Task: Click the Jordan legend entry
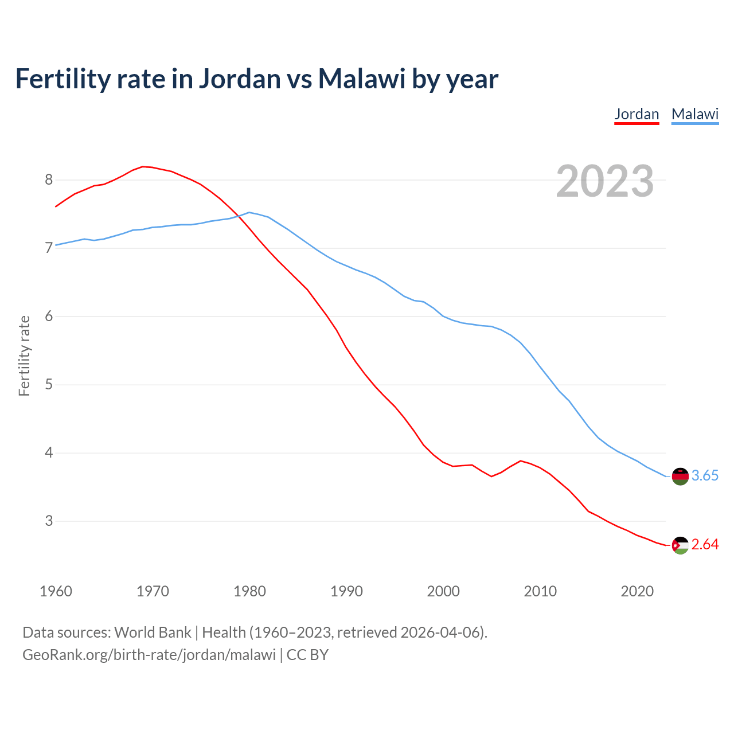click(637, 114)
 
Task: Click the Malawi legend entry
click(695, 114)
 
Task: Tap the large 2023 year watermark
click(605, 181)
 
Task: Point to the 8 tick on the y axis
click(49, 180)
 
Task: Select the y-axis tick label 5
click(49, 385)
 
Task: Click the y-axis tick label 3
click(49, 521)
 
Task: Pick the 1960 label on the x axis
click(56, 591)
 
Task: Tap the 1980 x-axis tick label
click(249, 591)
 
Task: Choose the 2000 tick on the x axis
click(443, 591)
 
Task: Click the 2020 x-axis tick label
click(637, 591)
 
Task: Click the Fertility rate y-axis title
click(24, 356)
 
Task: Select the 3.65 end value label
click(705, 476)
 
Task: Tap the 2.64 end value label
click(705, 545)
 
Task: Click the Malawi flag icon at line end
click(680, 477)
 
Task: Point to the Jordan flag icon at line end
click(680, 545)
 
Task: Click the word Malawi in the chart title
click(362, 79)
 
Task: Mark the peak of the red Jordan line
click(143, 166)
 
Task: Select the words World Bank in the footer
click(153, 633)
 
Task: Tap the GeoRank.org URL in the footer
click(149, 655)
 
